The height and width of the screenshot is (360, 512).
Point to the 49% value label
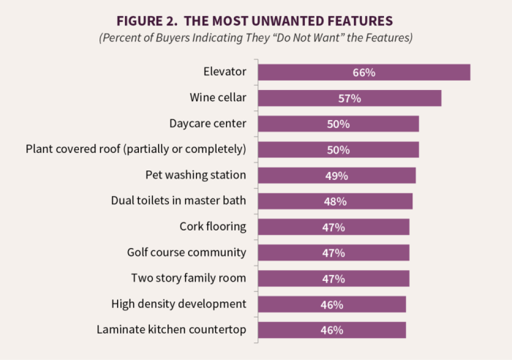(336, 176)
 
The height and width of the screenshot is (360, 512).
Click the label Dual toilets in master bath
(178, 200)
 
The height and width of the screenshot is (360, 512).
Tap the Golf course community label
(187, 252)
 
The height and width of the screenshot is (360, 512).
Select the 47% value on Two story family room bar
(333, 278)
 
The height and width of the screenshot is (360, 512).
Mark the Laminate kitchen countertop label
(171, 329)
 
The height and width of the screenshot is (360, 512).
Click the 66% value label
(364, 72)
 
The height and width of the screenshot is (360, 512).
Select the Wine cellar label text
(218, 98)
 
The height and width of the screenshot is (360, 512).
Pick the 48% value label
(335, 201)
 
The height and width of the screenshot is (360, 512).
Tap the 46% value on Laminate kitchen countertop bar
(331, 330)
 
